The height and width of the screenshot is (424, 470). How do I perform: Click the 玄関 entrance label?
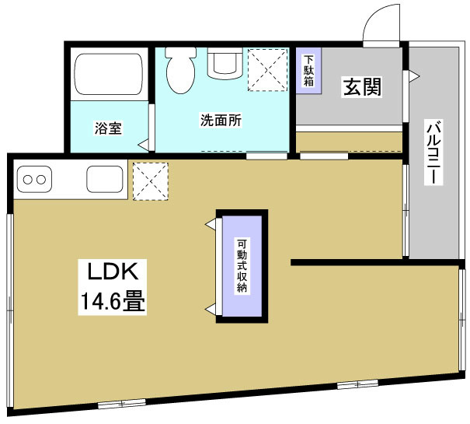tap(362, 87)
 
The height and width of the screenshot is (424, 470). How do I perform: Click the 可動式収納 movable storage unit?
tap(242, 265)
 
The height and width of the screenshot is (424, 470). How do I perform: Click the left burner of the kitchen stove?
tap(28, 179)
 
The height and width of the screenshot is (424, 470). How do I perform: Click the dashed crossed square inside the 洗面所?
tap(265, 69)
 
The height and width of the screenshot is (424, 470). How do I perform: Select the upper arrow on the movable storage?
tap(210, 224)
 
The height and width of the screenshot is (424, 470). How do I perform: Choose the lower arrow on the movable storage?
tap(210, 307)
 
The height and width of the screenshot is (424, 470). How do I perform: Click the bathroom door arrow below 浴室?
tap(143, 145)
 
